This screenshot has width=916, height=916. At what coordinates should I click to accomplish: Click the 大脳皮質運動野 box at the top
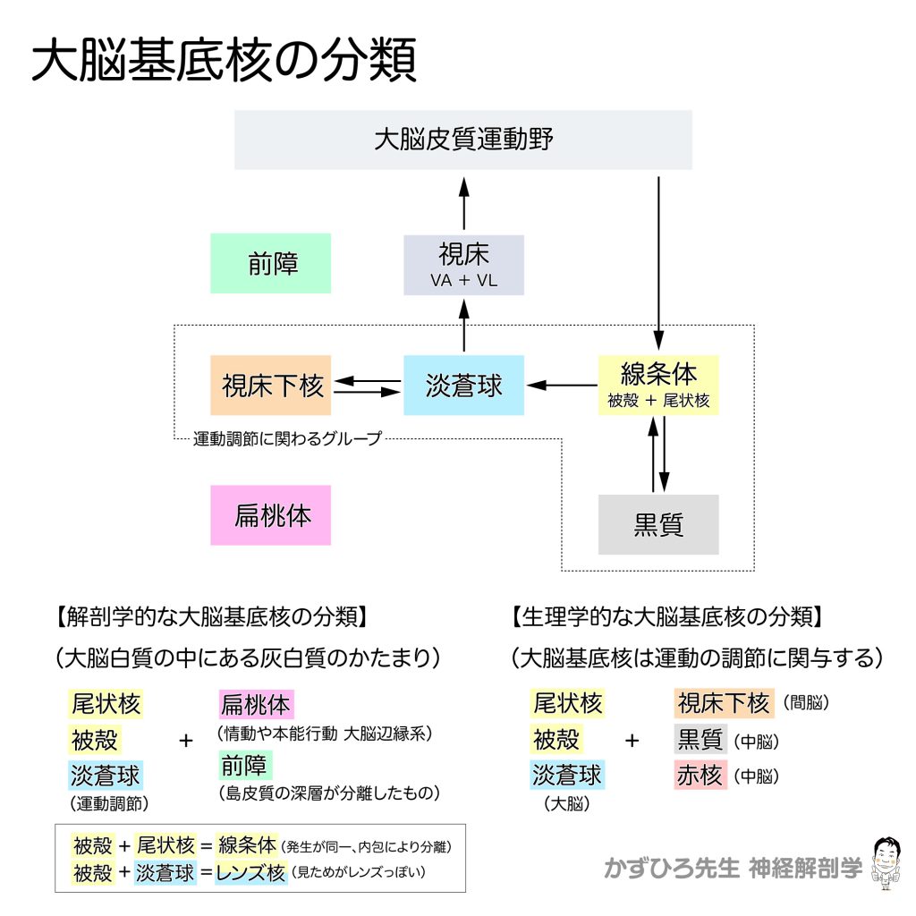[462, 140]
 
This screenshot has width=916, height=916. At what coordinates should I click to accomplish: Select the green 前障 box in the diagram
[270, 263]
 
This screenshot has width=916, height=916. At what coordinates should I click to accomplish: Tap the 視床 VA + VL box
[463, 265]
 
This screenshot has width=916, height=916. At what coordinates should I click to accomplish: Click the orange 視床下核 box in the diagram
[270, 386]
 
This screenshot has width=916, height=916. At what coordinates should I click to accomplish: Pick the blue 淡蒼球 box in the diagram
[463, 386]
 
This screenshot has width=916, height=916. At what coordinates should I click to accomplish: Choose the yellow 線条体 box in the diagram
[658, 385]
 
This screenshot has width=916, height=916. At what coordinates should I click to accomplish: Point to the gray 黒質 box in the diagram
[658, 524]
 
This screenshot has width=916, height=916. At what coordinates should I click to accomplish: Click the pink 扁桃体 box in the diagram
[270, 515]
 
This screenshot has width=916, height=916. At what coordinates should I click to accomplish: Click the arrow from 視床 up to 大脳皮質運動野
[463, 203]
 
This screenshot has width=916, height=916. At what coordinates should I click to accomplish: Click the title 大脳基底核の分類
[224, 62]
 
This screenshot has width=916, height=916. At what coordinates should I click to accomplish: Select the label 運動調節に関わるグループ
[288, 438]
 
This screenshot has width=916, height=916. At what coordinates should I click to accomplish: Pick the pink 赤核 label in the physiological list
[699, 776]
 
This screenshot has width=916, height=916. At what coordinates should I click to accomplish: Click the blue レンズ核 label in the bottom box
[250, 871]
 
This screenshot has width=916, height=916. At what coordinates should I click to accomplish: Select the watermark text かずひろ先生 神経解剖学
[733, 867]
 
